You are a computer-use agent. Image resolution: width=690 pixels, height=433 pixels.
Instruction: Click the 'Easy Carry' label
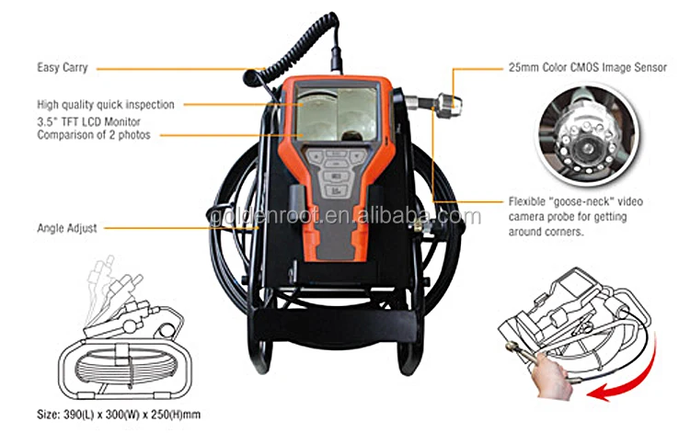coord(61,68)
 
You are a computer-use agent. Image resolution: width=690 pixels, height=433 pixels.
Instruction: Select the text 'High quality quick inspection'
coord(106,105)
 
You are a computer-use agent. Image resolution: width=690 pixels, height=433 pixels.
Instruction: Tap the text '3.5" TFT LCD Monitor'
coord(90,122)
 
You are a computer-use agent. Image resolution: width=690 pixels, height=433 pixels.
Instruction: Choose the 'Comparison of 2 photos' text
coord(94,135)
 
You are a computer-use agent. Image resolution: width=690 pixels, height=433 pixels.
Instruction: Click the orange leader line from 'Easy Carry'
coord(175,68)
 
